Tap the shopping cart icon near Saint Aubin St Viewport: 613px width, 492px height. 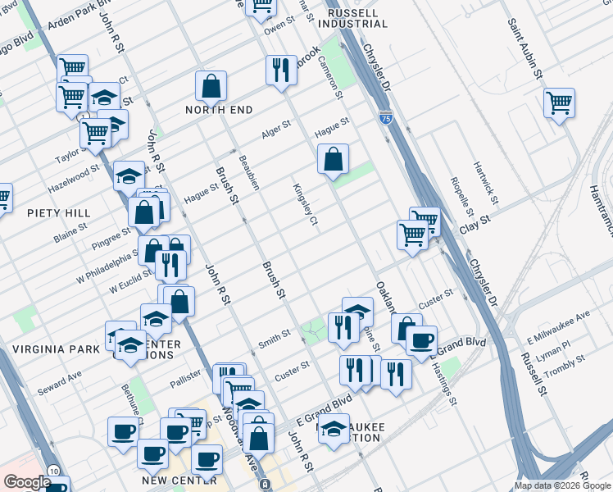coord(559,103)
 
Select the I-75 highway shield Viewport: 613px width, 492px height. coord(385,119)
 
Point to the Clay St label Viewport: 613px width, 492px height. coord(474,221)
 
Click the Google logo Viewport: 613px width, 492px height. coord(27,482)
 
